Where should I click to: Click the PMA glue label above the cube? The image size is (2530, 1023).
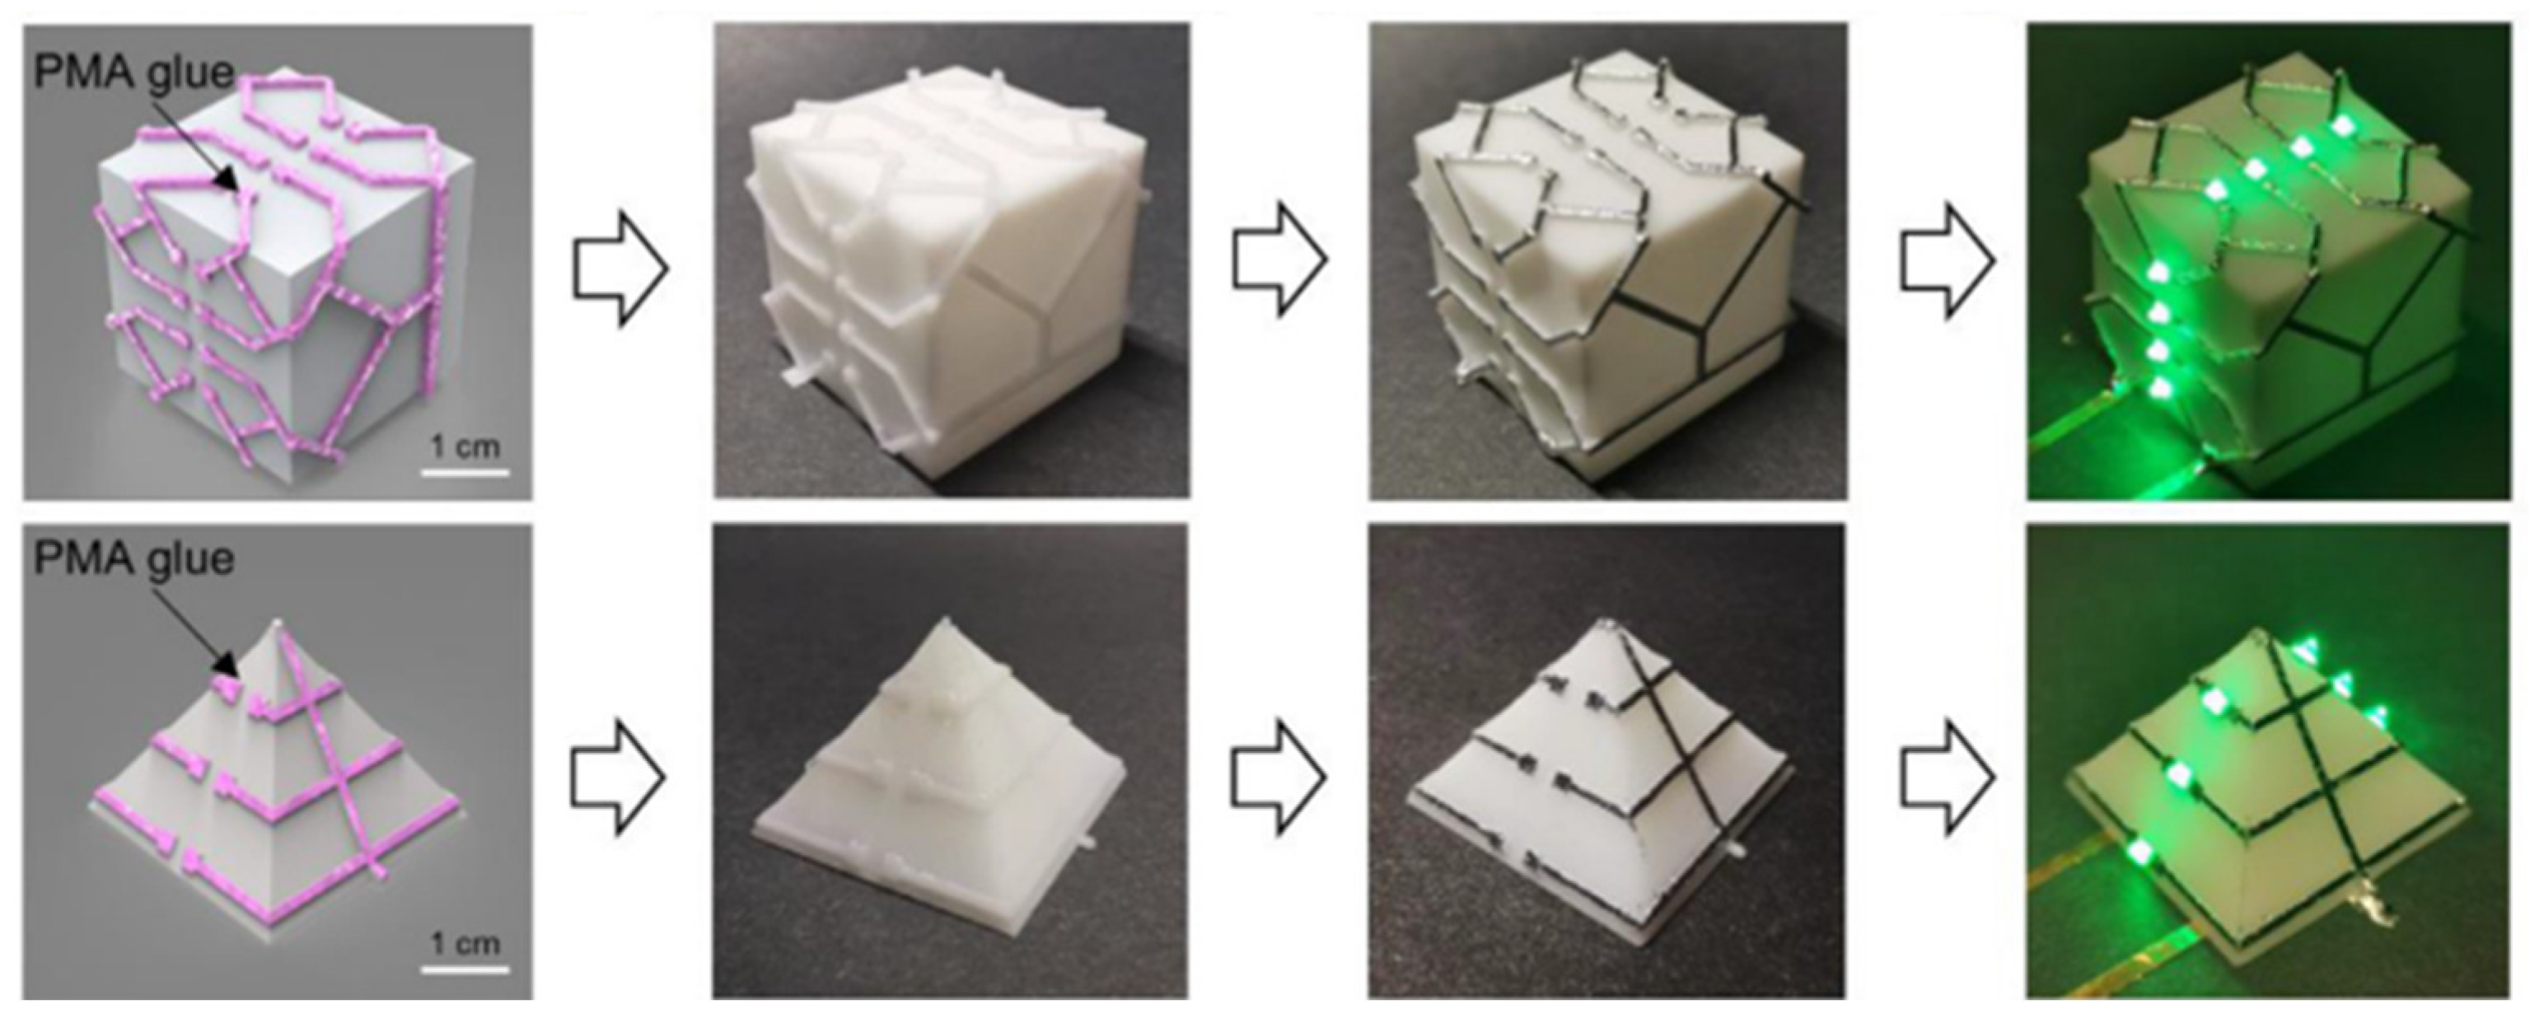(x=133, y=72)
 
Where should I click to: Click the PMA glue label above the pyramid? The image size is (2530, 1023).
(x=133, y=559)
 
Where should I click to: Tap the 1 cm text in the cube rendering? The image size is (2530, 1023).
(x=465, y=446)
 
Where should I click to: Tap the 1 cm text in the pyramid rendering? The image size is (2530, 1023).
(x=465, y=943)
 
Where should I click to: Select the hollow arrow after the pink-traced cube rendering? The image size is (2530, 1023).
(x=620, y=267)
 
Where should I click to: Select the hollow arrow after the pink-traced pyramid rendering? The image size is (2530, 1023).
(x=618, y=777)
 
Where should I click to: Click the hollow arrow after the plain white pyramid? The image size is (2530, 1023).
(x=1279, y=777)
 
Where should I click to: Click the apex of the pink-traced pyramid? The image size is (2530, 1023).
(x=279, y=623)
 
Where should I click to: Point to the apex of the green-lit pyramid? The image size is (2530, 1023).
(x=2289, y=633)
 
